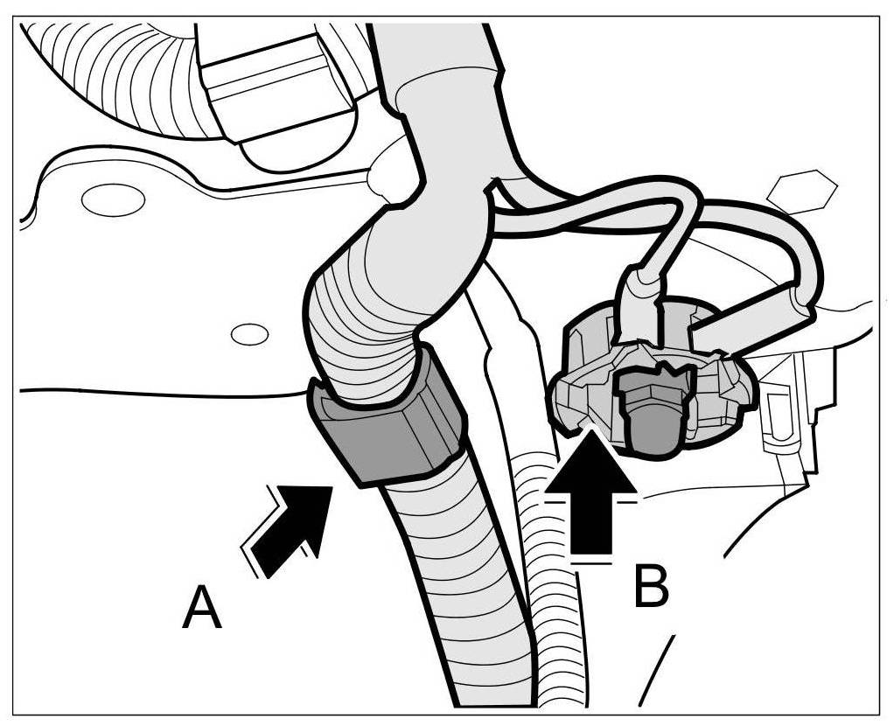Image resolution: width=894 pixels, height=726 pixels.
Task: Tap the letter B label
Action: click(x=651, y=587)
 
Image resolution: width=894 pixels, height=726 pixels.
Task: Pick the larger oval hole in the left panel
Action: click(x=113, y=199)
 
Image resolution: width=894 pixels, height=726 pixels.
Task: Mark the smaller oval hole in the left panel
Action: click(x=249, y=334)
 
